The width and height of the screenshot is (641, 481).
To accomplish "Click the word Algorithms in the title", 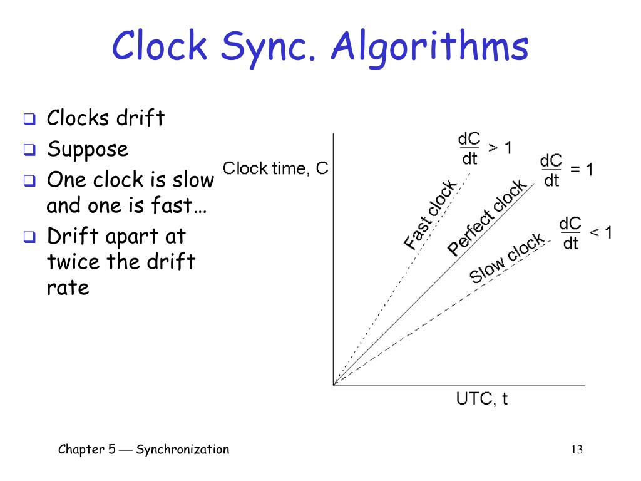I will pos(430,49).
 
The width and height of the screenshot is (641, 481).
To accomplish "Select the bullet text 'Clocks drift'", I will pos(106,118).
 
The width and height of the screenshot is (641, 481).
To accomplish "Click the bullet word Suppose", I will pos(88,149).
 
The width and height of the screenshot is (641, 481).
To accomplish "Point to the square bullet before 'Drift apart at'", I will pos(29,237).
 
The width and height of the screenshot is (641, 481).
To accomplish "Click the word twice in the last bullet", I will pos(73,261).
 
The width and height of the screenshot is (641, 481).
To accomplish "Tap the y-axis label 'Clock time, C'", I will pos(275,168).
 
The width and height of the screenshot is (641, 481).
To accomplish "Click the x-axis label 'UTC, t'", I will pos(481,399).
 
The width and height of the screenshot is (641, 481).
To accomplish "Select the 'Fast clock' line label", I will pos(430,214).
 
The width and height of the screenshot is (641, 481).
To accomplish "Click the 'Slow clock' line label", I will pos(507,258).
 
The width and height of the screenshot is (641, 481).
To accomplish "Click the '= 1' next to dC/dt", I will pos(581,170).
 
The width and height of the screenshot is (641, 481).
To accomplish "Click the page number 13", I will pos(577,450).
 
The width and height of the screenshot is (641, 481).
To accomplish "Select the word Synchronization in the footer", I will pos(182,449).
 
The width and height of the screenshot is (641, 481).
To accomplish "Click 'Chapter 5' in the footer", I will pos(86,449).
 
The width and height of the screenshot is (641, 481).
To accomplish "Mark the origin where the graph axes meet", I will pos(334,385).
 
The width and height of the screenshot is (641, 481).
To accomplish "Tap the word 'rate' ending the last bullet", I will pos(68,288).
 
